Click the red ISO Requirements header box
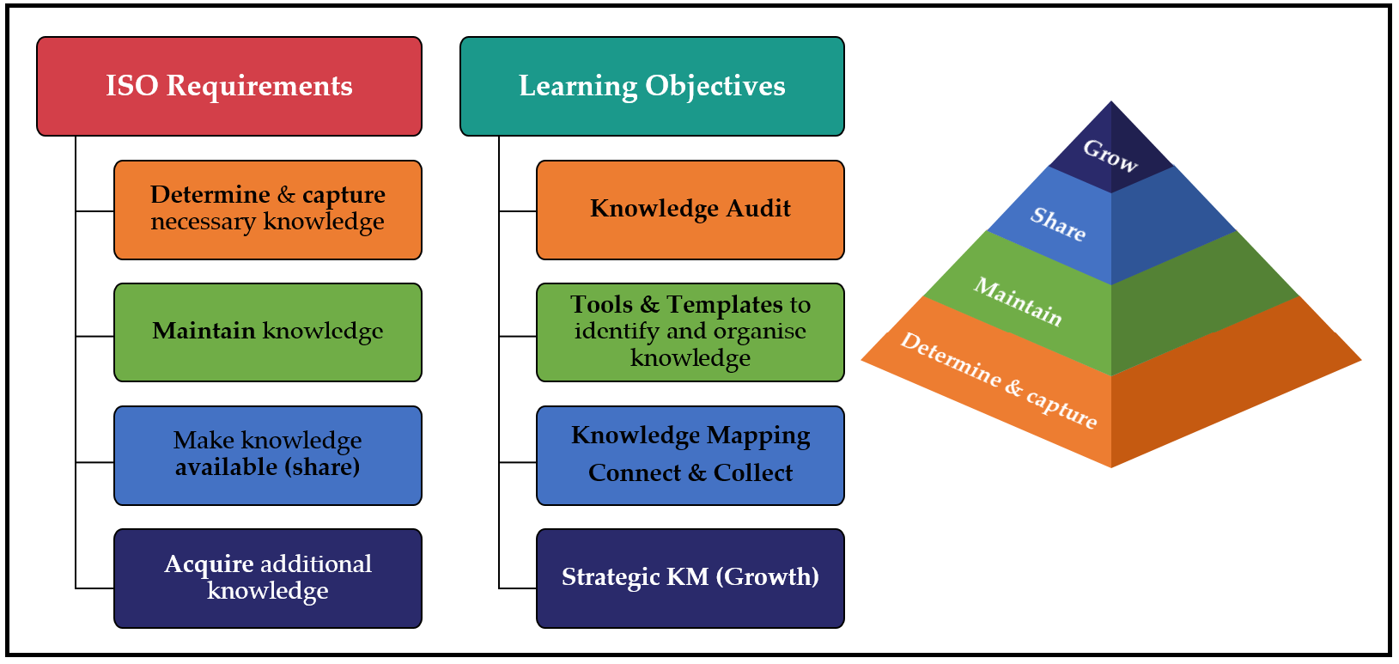click(229, 86)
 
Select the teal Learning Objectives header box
click(652, 86)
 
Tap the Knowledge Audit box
click(690, 210)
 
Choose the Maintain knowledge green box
click(267, 332)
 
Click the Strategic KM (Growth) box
click(690, 578)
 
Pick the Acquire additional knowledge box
click(267, 578)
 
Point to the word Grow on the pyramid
click(1110, 155)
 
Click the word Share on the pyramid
click(1058, 223)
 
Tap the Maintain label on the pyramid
click(1018, 302)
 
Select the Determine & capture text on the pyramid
click(998, 380)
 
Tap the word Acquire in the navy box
click(209, 564)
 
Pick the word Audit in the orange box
click(758, 209)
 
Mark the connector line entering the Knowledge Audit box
click(518, 210)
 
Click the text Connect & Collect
click(690, 473)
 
